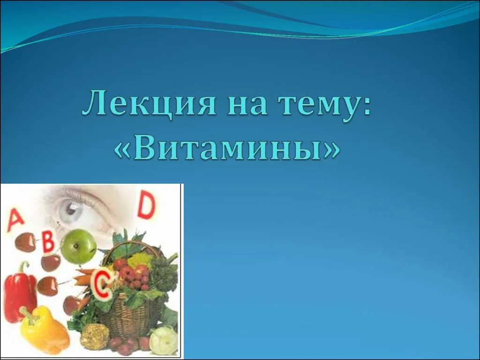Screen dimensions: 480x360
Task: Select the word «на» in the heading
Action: point(247,106)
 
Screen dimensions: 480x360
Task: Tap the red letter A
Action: point(15,219)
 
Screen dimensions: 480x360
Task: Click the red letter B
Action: point(48,241)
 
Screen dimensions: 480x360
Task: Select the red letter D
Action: point(147,204)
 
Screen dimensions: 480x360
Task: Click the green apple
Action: point(78,247)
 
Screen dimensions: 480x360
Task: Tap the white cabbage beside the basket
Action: point(164,340)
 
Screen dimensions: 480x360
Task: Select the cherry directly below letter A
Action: point(26,242)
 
